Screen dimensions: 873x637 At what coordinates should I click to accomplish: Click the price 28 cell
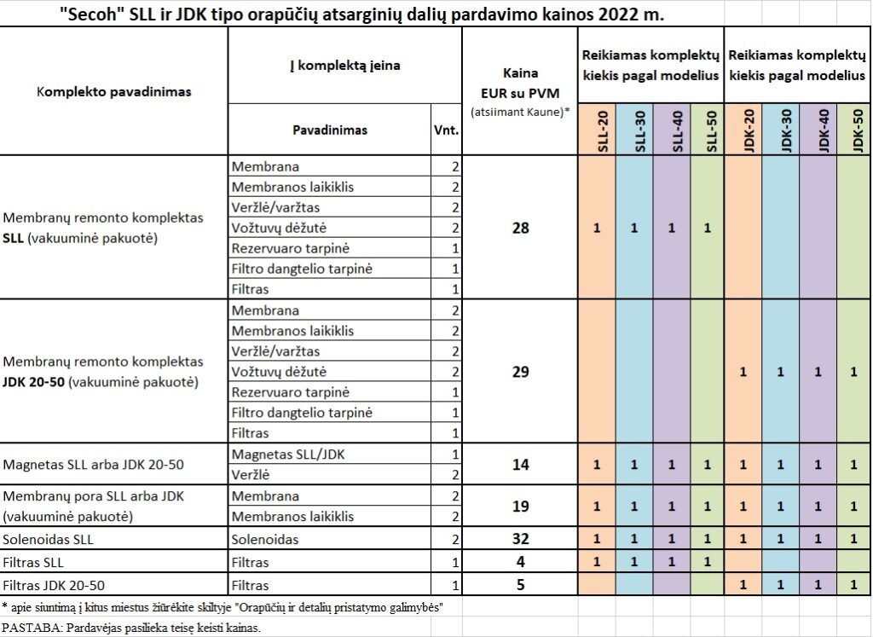click(x=521, y=228)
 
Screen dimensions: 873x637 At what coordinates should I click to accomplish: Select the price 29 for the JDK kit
click(x=521, y=372)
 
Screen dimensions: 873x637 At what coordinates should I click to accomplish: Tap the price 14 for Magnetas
click(x=521, y=465)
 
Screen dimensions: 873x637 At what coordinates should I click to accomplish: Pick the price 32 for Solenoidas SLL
click(x=521, y=538)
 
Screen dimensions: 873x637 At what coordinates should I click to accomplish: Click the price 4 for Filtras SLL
click(x=521, y=561)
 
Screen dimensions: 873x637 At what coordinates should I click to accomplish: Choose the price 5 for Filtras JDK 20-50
click(x=521, y=585)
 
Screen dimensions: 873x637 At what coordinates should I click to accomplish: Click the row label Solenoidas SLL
click(x=49, y=540)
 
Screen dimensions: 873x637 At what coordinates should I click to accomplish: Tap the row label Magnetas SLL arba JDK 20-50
click(x=93, y=465)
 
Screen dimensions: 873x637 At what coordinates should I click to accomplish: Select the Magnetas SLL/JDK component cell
click(x=288, y=455)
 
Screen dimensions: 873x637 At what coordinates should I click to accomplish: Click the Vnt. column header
click(x=447, y=130)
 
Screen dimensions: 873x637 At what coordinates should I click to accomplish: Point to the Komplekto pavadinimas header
click(x=114, y=92)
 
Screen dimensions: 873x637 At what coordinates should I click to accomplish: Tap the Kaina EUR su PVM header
click(x=521, y=83)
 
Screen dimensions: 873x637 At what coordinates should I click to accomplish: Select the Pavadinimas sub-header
click(x=330, y=130)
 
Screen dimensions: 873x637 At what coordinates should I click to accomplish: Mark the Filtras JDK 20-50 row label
click(x=54, y=585)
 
